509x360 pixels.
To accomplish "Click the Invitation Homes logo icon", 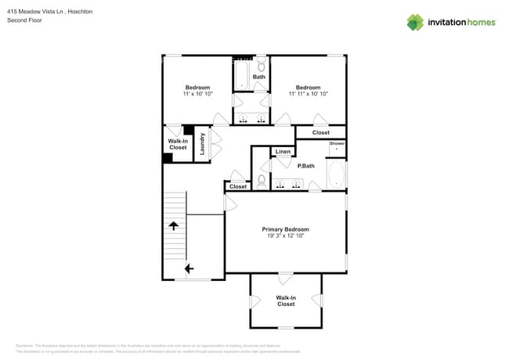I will click(415, 22).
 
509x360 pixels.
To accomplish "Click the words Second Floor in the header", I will click(25, 20).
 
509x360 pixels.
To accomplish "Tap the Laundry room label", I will click(202, 145).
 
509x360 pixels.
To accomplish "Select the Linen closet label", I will click(283, 151).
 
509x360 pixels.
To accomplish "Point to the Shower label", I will click(337, 144).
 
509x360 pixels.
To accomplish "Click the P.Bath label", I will click(305, 165).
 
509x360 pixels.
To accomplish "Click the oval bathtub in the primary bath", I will click(336, 175).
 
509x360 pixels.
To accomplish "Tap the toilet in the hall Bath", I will click(262, 65).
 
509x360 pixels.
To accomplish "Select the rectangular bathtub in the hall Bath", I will click(241, 75).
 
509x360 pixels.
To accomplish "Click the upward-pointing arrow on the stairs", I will click(174, 225).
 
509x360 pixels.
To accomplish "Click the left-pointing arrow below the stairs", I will click(189, 268).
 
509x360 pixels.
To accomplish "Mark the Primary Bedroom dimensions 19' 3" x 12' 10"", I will click(285, 236).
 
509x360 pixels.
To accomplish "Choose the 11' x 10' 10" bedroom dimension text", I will click(197, 94).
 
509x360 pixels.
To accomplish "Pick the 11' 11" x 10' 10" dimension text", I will click(308, 94).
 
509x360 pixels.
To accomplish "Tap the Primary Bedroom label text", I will click(285, 229).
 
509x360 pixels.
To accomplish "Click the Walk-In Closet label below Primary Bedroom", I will click(285, 301).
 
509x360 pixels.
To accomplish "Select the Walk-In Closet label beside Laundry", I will click(178, 144).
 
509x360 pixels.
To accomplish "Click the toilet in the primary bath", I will click(262, 180).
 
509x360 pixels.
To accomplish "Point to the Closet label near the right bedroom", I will click(320, 133).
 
